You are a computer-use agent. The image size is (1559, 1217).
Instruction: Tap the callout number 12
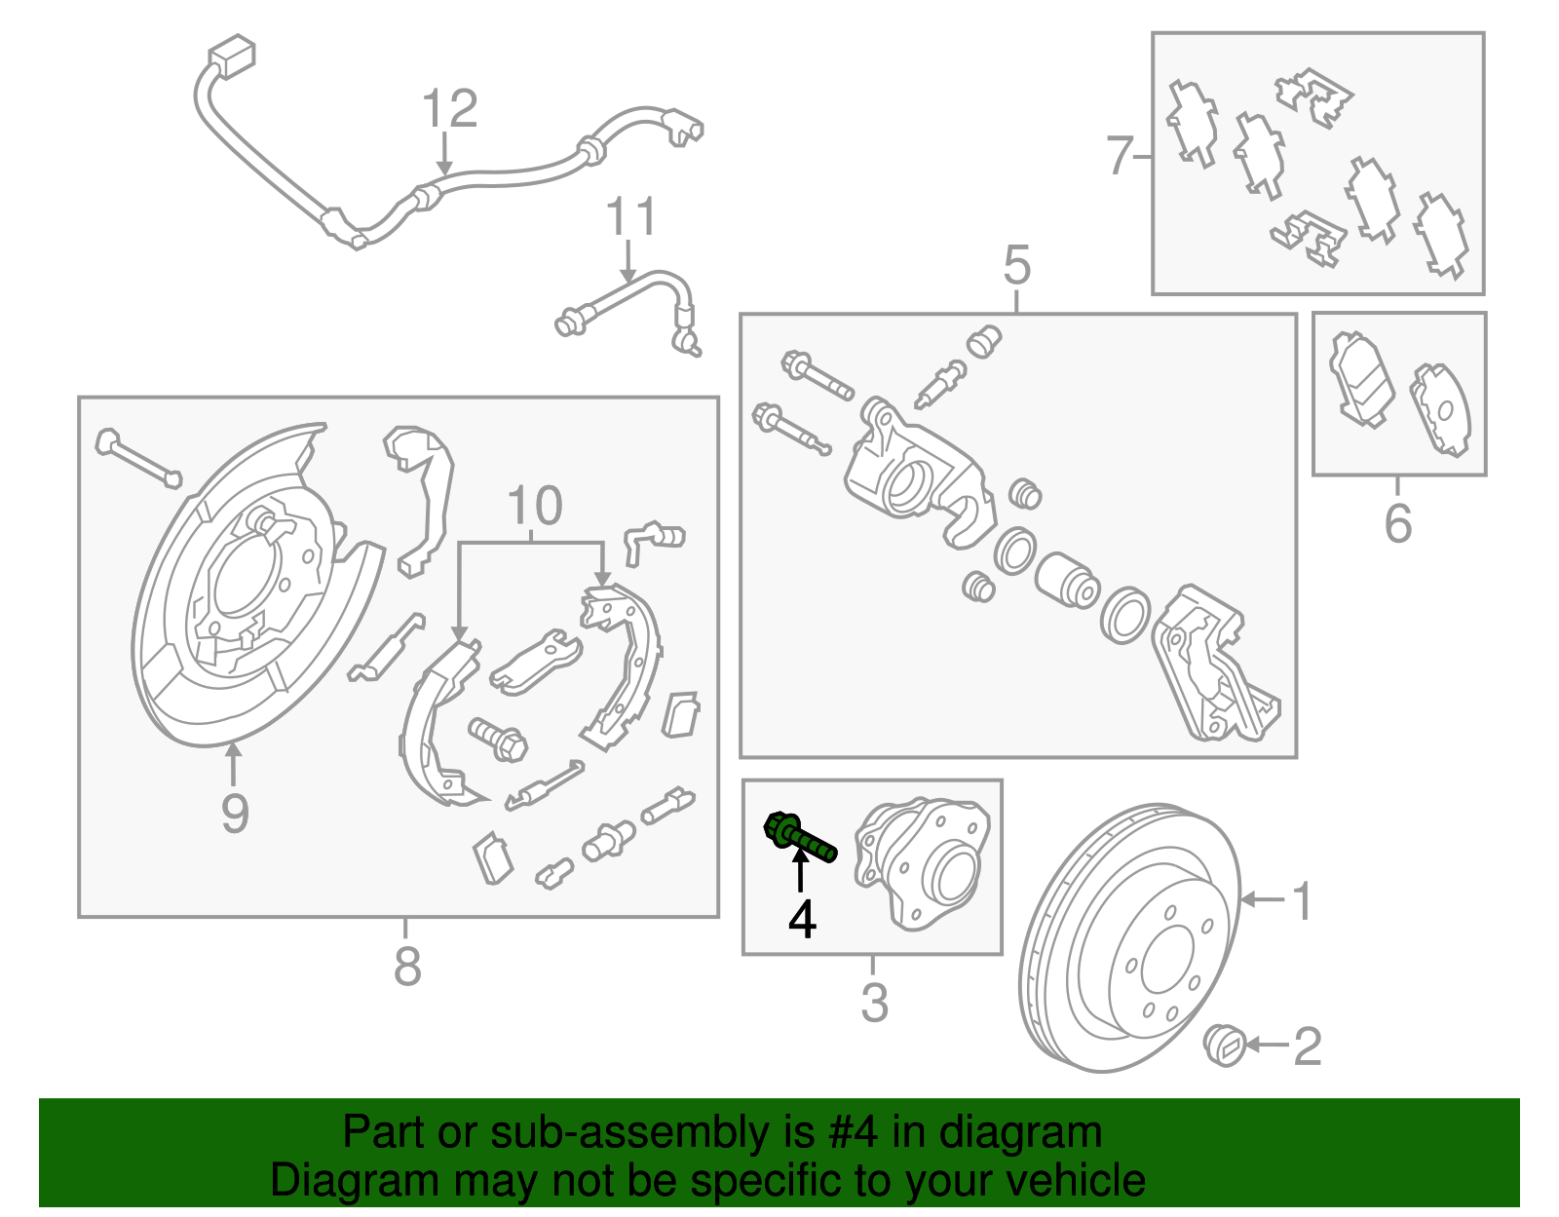pos(450,109)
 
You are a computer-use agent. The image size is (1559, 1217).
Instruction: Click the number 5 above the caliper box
pos(1016,265)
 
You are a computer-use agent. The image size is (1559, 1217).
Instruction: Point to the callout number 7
pos(1121,155)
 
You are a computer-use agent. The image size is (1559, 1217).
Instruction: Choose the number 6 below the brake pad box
pos(1397,523)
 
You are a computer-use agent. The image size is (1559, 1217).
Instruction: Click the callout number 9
pos(234,813)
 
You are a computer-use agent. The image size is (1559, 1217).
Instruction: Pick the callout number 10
pos(535,506)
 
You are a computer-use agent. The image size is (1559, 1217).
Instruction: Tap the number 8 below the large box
pos(407,966)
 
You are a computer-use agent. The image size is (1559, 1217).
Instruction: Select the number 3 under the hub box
pos(874,1002)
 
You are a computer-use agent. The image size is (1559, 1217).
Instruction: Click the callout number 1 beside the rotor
pos(1303,900)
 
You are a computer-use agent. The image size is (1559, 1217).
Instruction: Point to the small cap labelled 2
pos(1225,1046)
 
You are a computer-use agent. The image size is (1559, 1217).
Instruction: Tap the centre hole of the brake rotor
pos(1166,960)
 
